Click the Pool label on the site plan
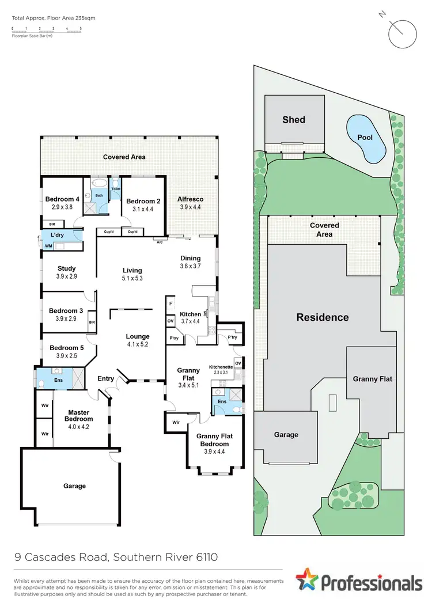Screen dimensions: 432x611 365,138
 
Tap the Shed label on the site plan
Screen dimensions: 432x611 294,120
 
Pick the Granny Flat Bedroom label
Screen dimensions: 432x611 213,440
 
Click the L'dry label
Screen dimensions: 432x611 57,236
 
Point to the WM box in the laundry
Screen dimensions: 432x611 48,246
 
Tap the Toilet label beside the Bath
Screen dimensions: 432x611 115,188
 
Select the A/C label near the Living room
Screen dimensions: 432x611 160,242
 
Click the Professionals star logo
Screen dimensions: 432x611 307,580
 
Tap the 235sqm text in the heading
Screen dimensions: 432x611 85,18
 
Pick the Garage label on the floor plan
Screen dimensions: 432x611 74,485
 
